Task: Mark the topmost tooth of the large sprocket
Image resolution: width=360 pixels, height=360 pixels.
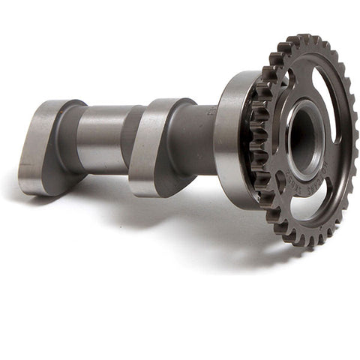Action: click(304, 37)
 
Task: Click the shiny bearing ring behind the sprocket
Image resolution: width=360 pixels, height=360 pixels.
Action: click(229, 139)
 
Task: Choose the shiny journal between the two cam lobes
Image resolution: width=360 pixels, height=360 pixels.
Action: click(101, 139)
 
